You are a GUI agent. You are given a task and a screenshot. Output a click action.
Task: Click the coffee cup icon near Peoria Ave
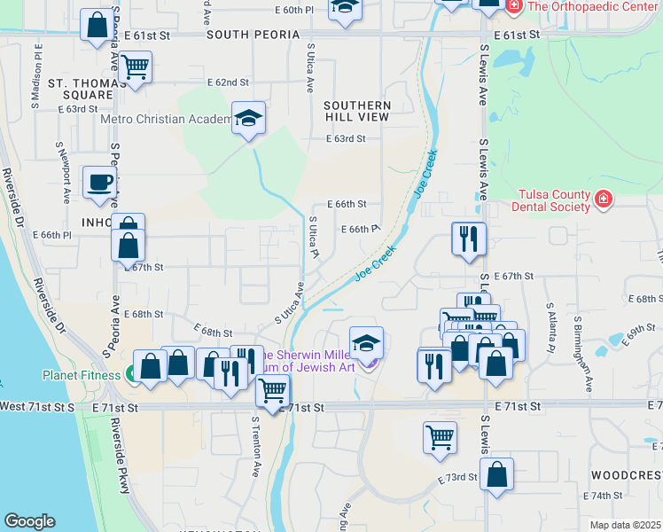(x=99, y=183)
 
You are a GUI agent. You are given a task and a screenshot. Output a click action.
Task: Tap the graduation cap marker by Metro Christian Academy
(x=249, y=118)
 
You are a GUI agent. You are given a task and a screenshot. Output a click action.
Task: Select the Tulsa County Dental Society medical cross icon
(x=604, y=199)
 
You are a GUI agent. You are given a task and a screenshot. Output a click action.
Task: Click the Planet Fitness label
(x=81, y=375)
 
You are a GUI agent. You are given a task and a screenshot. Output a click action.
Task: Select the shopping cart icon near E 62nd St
(x=135, y=66)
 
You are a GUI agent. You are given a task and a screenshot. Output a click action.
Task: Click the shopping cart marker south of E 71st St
(x=440, y=437)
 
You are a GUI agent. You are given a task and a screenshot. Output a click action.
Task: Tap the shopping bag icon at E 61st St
(x=96, y=26)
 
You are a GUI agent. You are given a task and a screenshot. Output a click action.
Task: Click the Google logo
(x=29, y=521)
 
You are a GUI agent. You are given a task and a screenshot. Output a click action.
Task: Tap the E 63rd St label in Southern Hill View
(x=346, y=139)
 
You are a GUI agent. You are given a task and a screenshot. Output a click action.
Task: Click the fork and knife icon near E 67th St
(x=468, y=239)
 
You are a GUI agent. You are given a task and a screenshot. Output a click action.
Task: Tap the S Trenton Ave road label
(x=256, y=435)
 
